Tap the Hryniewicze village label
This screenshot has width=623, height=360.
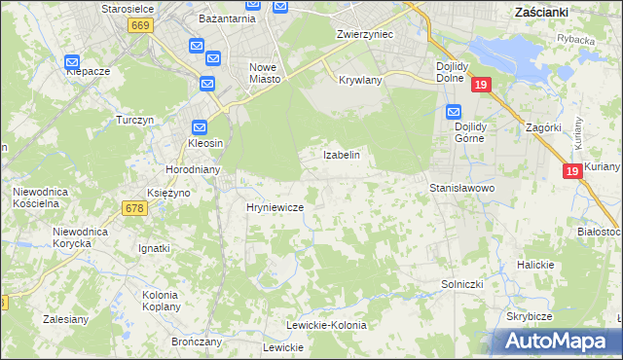(275, 208)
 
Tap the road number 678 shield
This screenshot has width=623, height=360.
(134, 207)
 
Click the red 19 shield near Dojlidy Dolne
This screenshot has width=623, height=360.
(481, 87)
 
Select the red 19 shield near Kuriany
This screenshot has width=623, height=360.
(574, 171)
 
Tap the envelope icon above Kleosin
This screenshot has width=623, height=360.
(200, 126)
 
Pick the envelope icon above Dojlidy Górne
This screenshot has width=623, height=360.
(453, 111)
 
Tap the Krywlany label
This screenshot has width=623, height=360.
(360, 80)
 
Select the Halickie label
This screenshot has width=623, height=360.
(535, 265)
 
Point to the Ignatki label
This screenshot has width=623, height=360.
(154, 248)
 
